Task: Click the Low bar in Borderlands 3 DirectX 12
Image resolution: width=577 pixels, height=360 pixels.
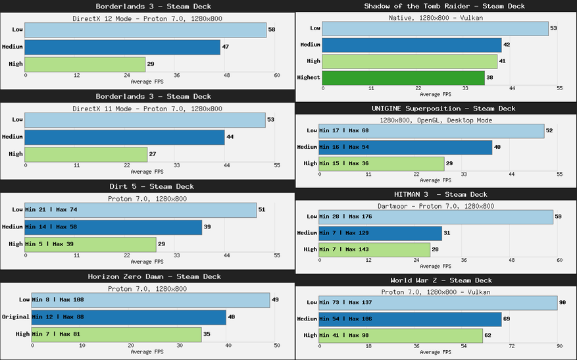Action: click(x=145, y=30)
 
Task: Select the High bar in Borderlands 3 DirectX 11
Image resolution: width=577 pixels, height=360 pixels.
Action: click(x=86, y=154)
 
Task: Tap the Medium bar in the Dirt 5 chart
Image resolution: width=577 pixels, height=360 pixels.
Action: click(x=113, y=227)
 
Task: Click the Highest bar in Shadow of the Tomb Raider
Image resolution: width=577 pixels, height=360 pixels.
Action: click(x=402, y=78)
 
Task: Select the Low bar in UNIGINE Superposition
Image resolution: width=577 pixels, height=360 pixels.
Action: click(x=432, y=131)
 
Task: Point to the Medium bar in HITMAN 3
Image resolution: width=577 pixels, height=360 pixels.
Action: click(x=380, y=233)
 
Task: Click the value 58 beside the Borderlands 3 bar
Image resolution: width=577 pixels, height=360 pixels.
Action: click(x=272, y=30)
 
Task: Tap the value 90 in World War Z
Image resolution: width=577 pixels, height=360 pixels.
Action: click(x=563, y=303)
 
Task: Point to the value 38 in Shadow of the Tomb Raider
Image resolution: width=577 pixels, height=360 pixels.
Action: click(x=490, y=78)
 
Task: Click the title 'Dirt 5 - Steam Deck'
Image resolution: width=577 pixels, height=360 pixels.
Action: click(x=147, y=186)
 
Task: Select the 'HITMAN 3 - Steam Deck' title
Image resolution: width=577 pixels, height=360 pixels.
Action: click(x=440, y=194)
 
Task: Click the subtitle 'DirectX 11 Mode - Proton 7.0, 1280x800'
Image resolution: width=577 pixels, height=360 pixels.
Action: click(x=147, y=109)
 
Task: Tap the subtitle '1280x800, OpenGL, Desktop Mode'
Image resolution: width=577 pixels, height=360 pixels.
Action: click(x=440, y=120)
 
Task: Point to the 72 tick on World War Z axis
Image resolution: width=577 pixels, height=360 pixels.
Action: click(x=511, y=345)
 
